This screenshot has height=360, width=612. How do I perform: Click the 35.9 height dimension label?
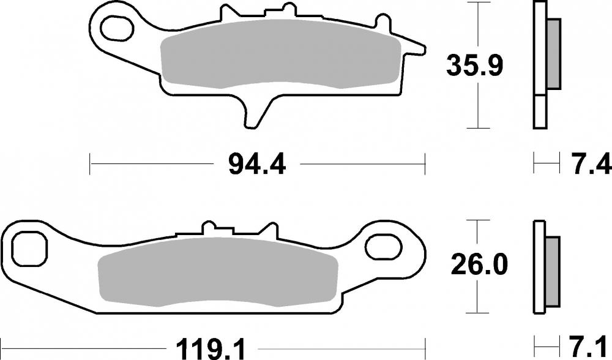[x=474, y=65]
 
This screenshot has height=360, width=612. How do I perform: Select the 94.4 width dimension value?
[x=256, y=163]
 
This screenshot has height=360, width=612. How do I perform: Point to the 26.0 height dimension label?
[x=479, y=264]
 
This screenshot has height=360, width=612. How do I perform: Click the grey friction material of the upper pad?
[x=275, y=58]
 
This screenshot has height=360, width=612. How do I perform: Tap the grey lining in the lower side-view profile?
[x=551, y=272]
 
